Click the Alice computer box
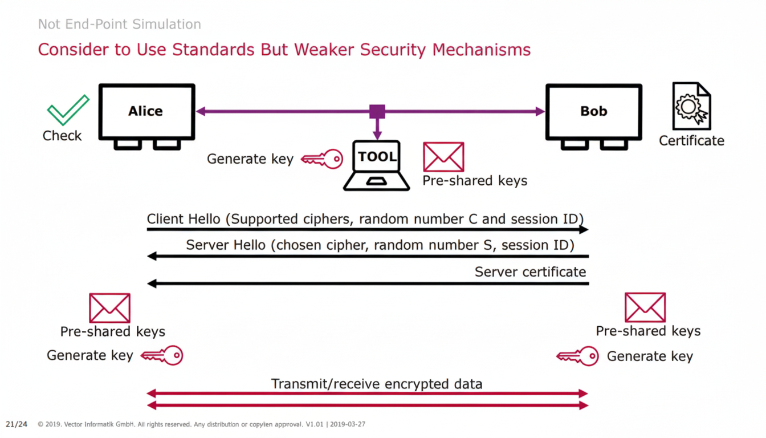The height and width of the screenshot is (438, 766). (x=146, y=112)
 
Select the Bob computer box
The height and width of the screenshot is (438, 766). (x=593, y=112)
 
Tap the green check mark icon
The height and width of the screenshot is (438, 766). (x=67, y=110)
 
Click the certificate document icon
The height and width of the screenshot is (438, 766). (x=691, y=106)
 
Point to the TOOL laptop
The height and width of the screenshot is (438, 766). (x=377, y=166)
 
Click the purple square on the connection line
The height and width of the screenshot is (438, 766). (x=377, y=112)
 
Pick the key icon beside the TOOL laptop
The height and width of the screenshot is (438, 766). (x=322, y=159)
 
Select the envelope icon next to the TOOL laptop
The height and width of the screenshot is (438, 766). (x=443, y=157)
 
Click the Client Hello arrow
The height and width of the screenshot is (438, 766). (x=368, y=229)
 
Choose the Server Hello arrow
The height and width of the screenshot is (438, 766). (x=368, y=257)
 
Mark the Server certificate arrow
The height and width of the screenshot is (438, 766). (x=368, y=283)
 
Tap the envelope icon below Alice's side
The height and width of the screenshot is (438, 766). (x=109, y=308)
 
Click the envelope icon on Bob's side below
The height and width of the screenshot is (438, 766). (x=645, y=307)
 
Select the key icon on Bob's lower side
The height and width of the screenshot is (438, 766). (x=577, y=356)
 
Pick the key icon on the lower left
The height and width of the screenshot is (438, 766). (x=162, y=356)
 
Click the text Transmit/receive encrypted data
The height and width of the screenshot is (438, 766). (x=377, y=384)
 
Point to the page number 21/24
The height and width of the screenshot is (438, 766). (x=17, y=424)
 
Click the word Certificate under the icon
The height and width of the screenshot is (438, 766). (x=691, y=140)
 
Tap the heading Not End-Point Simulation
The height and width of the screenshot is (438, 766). (x=120, y=25)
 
